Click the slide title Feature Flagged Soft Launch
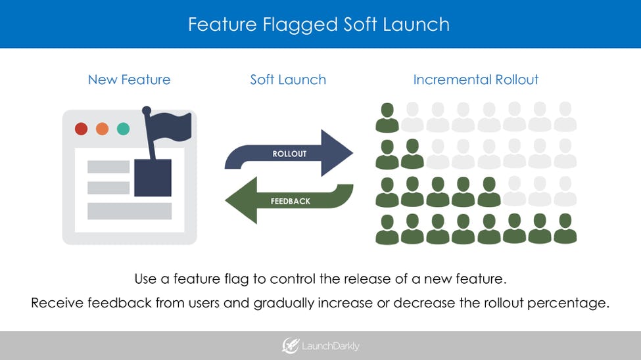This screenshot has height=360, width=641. pyautogui.click(x=319, y=24)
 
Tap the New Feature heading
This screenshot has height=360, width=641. pyautogui.click(x=129, y=80)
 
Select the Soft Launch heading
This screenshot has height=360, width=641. pyautogui.click(x=288, y=80)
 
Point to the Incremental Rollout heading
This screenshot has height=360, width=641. pyautogui.click(x=475, y=80)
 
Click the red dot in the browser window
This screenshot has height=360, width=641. pyautogui.click(x=81, y=129)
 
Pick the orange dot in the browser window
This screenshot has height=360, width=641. pyautogui.click(x=102, y=129)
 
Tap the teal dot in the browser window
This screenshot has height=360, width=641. pyautogui.click(x=123, y=129)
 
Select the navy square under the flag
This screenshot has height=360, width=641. pyautogui.click(x=153, y=177)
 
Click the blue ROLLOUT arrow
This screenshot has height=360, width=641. pyautogui.click(x=289, y=154)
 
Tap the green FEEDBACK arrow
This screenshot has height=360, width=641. pyautogui.click(x=289, y=200)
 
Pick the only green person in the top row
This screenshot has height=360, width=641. pyautogui.click(x=387, y=118)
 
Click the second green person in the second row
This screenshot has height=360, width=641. pyautogui.click(x=413, y=154)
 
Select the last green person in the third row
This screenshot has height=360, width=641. pyautogui.click(x=489, y=192)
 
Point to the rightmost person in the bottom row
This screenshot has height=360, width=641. pyautogui.click(x=565, y=229)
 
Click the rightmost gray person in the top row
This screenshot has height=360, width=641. pyautogui.click(x=565, y=118)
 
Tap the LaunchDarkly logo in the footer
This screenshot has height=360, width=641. pyautogui.click(x=320, y=346)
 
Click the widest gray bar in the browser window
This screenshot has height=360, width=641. pyautogui.click(x=130, y=211)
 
